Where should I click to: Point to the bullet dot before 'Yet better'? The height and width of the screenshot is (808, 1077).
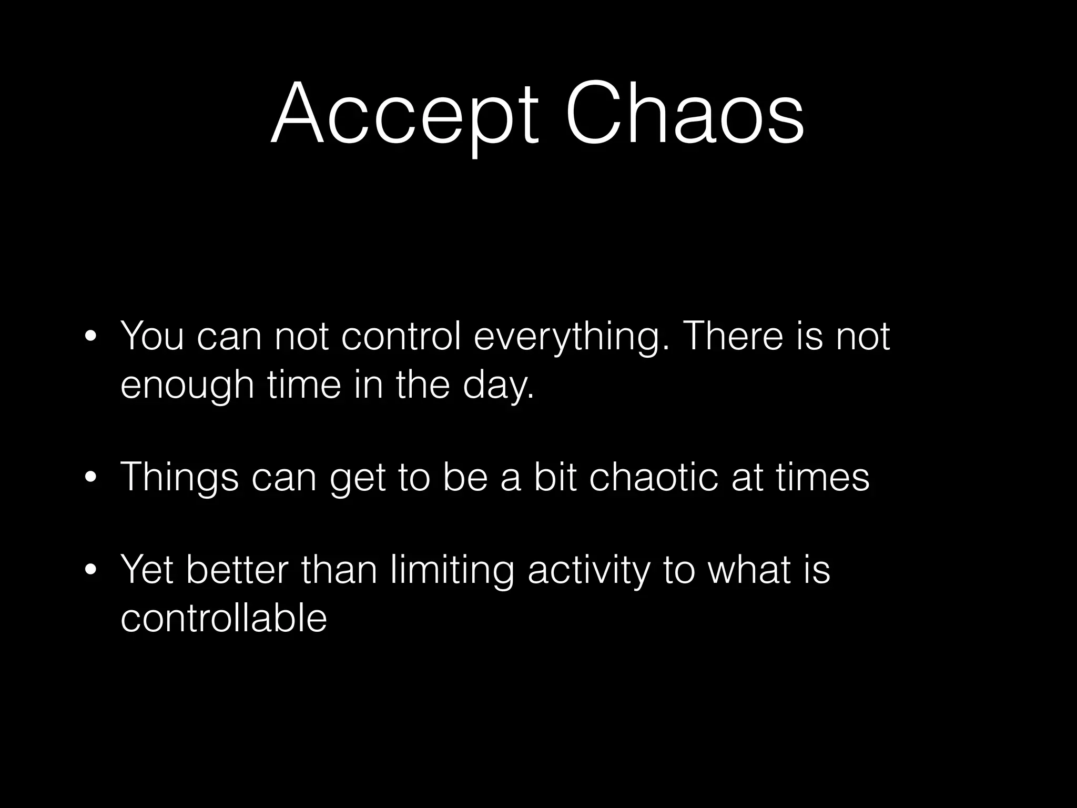click(x=90, y=571)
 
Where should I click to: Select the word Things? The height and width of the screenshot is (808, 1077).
click(x=179, y=478)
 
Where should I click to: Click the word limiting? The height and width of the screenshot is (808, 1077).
click(x=452, y=570)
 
